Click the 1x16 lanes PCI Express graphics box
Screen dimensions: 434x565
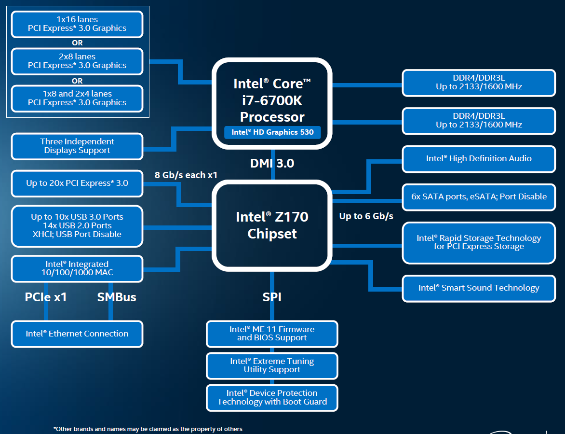pos(77,24)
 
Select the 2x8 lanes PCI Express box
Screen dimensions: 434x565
pos(77,61)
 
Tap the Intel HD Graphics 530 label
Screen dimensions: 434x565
pos(272,132)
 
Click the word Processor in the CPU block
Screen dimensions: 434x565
pos(272,117)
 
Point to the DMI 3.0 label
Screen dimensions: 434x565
pos(272,163)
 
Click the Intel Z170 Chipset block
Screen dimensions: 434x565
pos(272,225)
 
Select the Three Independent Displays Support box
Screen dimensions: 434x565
pos(77,146)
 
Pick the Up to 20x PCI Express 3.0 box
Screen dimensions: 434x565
pos(77,183)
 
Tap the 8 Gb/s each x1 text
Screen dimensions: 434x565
pos(186,175)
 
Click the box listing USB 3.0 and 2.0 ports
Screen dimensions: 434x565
pos(77,225)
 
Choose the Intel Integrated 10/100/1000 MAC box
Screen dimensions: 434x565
pos(77,268)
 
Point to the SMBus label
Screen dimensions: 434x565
pos(117,297)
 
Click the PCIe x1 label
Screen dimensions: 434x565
pos(46,297)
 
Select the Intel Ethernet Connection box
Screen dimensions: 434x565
pos(77,334)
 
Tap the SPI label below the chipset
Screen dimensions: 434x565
pos(272,297)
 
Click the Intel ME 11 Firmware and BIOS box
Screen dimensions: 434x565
pos(272,334)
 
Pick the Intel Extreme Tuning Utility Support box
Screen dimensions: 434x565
pos(272,365)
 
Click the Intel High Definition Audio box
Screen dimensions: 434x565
pos(479,159)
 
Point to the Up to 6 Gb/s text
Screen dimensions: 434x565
pos(366,216)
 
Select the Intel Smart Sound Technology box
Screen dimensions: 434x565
pos(479,288)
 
